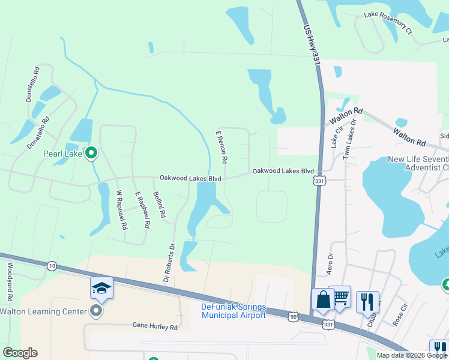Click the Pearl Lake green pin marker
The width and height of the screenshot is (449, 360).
point(91,154)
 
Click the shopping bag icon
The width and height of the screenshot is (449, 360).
point(323,300)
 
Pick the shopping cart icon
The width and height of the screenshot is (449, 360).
point(340,296)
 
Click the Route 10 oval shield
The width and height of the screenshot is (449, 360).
point(52,266)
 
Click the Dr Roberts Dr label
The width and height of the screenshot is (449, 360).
point(169,262)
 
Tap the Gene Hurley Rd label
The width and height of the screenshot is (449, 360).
point(155,327)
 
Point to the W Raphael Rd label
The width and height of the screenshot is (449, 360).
point(122,210)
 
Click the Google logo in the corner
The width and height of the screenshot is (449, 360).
point(20,353)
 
